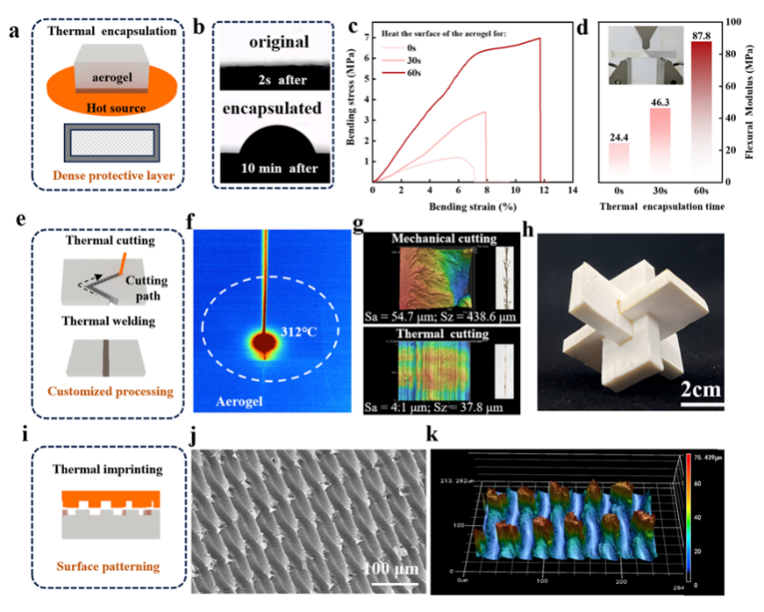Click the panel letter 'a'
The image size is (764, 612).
13,32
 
